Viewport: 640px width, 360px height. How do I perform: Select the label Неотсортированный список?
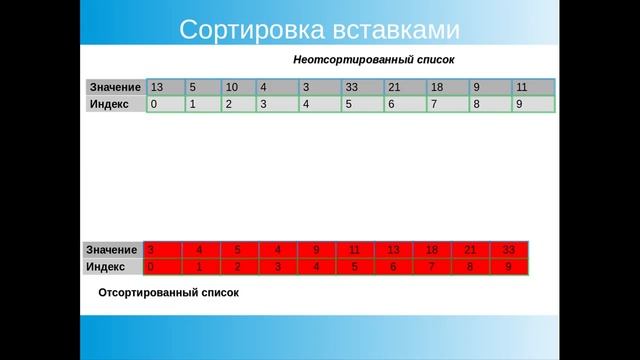[x=374, y=59]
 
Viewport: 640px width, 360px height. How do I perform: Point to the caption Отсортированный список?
[x=169, y=294]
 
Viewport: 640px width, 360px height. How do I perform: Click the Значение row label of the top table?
[x=115, y=87]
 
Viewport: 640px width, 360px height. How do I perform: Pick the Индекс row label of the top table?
[x=109, y=103]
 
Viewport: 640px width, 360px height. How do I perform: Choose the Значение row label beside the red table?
[x=112, y=249]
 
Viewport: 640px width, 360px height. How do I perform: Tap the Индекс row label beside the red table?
[x=106, y=267]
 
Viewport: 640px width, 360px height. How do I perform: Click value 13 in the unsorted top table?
[x=156, y=87]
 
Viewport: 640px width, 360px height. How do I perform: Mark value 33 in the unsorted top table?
[x=351, y=87]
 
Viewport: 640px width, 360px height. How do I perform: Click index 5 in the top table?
[x=348, y=103]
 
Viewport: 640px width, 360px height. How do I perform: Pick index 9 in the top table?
[x=519, y=103]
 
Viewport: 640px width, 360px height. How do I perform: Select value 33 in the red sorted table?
[x=509, y=249]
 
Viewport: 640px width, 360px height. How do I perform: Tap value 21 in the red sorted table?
[x=471, y=249]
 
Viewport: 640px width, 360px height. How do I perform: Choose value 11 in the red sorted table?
[x=355, y=249]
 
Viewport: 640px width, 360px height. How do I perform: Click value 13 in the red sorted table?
[x=393, y=249]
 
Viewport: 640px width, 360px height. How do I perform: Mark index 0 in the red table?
[x=151, y=267]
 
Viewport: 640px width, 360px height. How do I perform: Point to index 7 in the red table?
[x=431, y=267]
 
